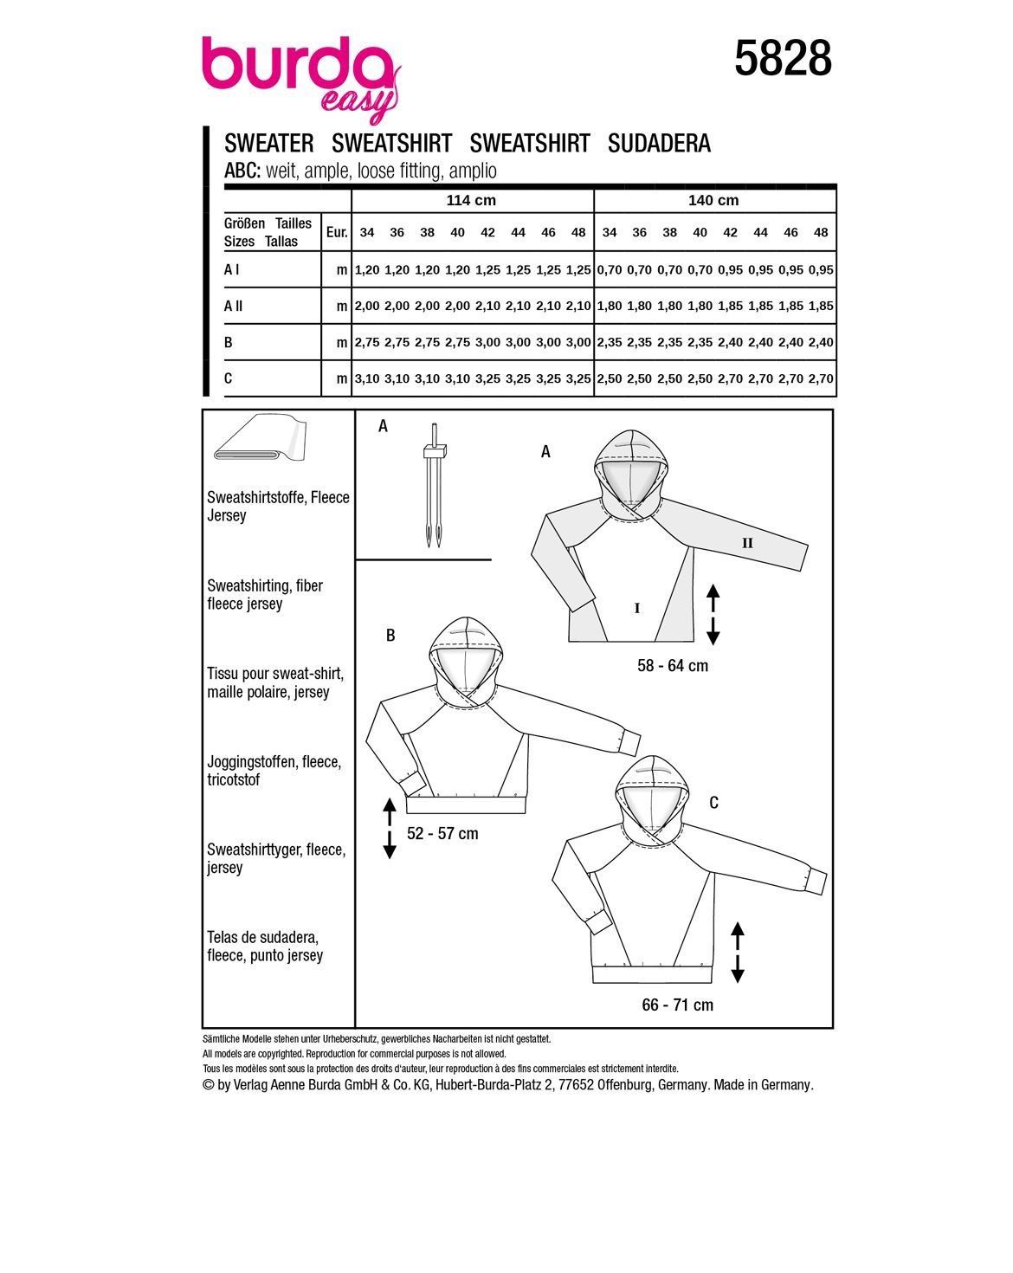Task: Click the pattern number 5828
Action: (783, 60)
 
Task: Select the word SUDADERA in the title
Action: (659, 144)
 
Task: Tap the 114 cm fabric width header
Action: (471, 201)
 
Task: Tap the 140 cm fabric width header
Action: (713, 201)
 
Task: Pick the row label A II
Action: (233, 306)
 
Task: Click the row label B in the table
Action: (229, 342)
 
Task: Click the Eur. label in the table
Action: (336, 232)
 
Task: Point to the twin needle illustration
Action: (433, 486)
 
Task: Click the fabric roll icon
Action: (257, 442)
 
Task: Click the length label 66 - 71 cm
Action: (678, 1005)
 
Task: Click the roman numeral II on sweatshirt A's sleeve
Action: (747, 544)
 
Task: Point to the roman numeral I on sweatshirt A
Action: (637, 609)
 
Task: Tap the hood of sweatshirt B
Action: (466, 658)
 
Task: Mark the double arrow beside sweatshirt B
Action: (390, 829)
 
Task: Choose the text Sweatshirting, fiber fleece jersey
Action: (265, 595)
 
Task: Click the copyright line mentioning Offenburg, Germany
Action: (507, 1085)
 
